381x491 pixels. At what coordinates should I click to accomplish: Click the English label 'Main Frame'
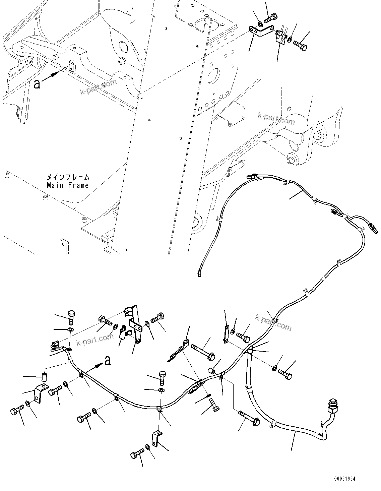[x=68, y=185]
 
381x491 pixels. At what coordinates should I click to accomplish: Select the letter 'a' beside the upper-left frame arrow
[x=37, y=84]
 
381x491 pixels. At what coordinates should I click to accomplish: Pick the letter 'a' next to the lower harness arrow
[x=108, y=361]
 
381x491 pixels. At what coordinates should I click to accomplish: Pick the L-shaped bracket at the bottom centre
[x=155, y=439]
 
